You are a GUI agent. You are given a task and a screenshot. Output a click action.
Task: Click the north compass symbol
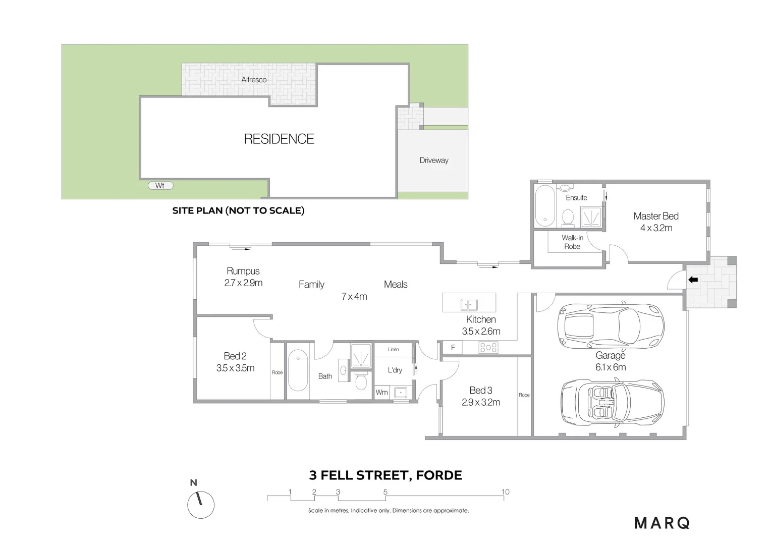201,505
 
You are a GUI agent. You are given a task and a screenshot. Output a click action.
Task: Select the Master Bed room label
655,216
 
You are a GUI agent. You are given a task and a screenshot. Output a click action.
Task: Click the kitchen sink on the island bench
469,305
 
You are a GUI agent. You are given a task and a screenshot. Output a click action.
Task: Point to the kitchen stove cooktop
488,347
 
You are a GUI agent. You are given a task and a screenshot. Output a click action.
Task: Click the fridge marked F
453,347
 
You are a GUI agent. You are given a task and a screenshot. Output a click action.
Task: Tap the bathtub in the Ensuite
544,206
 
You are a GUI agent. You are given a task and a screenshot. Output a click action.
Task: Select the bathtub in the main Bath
298,370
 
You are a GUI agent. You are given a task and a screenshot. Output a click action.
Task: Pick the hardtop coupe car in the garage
611,325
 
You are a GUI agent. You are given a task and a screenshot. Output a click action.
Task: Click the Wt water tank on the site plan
160,186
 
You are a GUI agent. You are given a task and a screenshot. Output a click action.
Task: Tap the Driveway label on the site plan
433,160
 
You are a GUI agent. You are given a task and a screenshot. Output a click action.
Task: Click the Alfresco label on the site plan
254,80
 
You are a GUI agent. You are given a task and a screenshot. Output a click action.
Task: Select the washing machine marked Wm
381,392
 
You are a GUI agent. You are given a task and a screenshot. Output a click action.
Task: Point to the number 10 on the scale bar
505,492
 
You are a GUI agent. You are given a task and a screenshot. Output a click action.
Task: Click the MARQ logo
662,523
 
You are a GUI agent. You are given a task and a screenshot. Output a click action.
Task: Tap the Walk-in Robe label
572,242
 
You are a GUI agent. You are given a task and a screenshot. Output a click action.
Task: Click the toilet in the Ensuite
568,218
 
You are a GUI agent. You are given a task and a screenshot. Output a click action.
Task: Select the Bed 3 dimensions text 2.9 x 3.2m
481,402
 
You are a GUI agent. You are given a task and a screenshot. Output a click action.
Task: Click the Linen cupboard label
393,349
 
